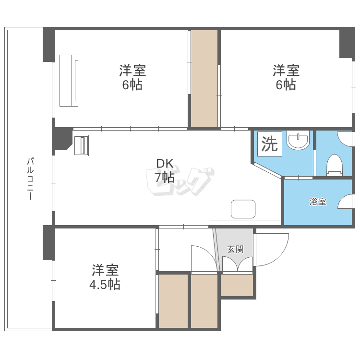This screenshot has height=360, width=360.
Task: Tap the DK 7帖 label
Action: click(164, 170)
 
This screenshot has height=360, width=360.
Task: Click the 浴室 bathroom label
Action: click(317, 202)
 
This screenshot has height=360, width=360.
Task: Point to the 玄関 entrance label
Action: click(235, 249)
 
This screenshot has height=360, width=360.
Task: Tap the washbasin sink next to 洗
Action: click(298, 142)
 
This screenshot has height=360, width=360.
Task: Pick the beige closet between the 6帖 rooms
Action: click(204, 79)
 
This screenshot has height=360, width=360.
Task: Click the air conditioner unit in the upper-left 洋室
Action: click(69, 80)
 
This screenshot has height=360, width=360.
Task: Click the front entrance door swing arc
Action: click(272, 250)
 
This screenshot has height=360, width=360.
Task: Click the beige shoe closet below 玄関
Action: click(237, 285)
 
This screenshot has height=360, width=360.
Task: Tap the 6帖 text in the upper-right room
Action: click(286, 85)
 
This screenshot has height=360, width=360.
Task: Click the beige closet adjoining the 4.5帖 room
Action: click(173, 301)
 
